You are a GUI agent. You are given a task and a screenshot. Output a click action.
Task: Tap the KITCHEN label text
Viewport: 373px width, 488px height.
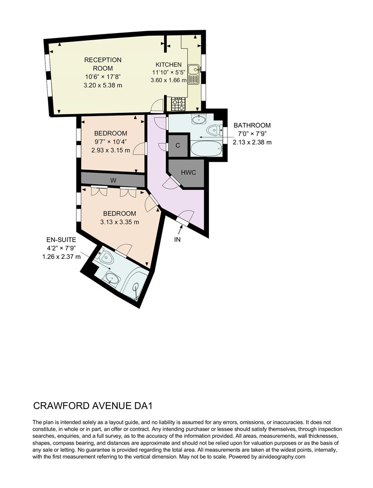(x=169, y=65)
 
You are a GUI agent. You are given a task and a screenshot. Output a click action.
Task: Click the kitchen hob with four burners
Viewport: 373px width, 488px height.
(x=178, y=104)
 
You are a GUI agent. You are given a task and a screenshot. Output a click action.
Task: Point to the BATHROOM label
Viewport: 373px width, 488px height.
(x=252, y=125)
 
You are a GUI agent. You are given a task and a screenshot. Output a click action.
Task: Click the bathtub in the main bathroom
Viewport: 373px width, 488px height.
(x=206, y=148)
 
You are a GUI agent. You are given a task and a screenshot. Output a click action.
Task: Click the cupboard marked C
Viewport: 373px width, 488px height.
(x=178, y=145)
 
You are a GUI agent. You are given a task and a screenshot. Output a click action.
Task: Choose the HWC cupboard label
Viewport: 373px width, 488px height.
(x=188, y=173)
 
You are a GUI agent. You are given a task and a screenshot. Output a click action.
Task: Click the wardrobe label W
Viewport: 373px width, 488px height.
(x=113, y=179)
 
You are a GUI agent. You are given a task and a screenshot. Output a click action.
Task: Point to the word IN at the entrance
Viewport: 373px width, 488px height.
(x=177, y=239)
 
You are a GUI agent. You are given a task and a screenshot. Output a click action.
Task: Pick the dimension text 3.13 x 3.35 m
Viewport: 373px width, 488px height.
(x=119, y=222)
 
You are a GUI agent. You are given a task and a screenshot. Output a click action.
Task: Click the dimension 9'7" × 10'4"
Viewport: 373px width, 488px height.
(x=111, y=142)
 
